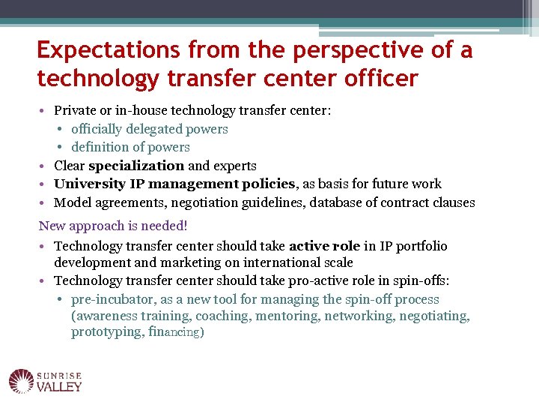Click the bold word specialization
click(136, 166)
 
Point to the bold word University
click(91, 184)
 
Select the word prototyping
click(105, 331)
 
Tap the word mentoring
click(287, 316)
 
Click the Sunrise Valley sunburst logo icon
click(21, 380)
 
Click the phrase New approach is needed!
click(113, 226)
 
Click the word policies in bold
click(269, 184)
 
